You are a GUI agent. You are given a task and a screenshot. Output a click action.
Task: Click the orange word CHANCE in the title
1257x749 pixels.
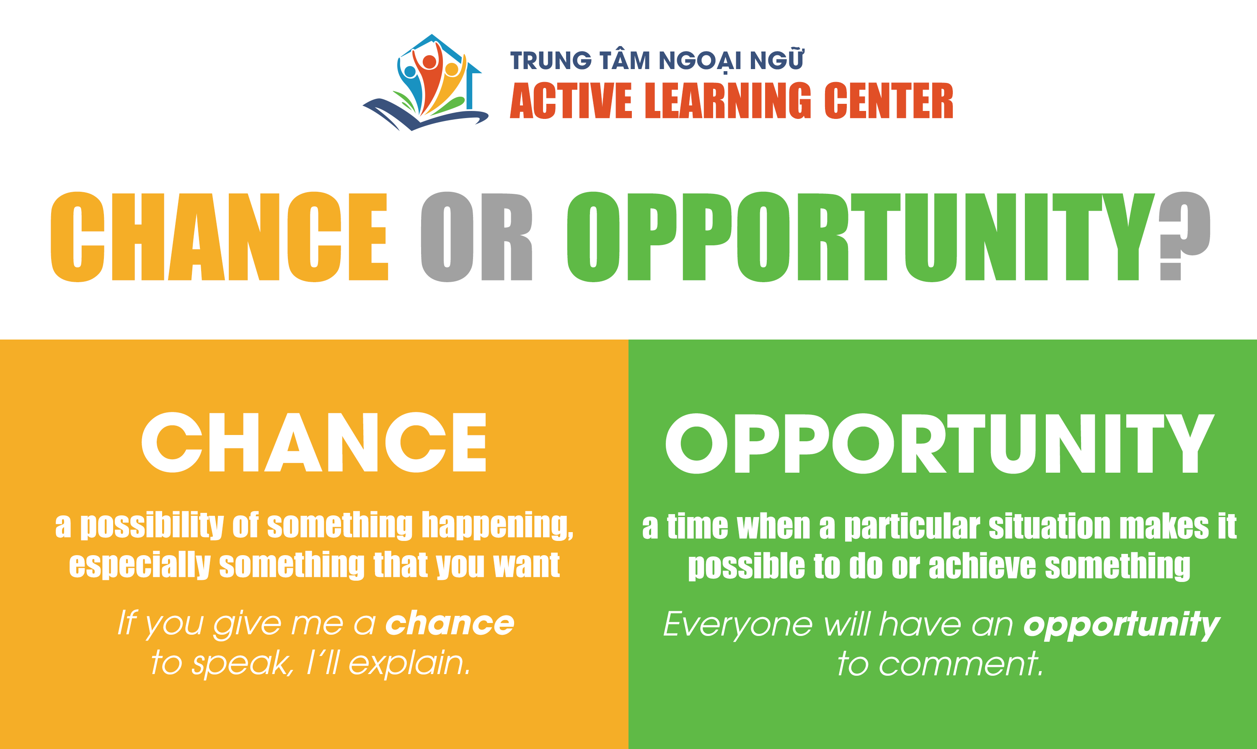pos(219,237)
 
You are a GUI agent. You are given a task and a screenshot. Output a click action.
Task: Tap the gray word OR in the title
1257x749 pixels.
pos(477,237)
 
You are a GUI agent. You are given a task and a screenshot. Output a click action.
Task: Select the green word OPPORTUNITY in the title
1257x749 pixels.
pos(861,237)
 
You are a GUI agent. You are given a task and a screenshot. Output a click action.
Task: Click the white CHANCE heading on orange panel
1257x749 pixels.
pos(313,442)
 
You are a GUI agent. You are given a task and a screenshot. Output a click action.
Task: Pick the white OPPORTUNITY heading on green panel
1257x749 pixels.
pos(940,443)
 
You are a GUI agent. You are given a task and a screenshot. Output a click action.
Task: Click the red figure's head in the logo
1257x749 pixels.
pos(429,62)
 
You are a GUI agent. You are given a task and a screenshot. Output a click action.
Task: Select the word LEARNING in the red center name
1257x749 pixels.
pos(728,100)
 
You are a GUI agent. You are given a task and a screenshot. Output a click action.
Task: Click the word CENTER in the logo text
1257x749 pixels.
pos(889,100)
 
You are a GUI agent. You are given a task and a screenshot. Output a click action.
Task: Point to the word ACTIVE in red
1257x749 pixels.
pos(571,100)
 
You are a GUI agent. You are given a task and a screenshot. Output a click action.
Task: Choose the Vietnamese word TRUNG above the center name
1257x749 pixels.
pos(551,61)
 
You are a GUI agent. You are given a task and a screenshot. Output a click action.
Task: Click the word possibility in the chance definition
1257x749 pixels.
pos(152,525)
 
